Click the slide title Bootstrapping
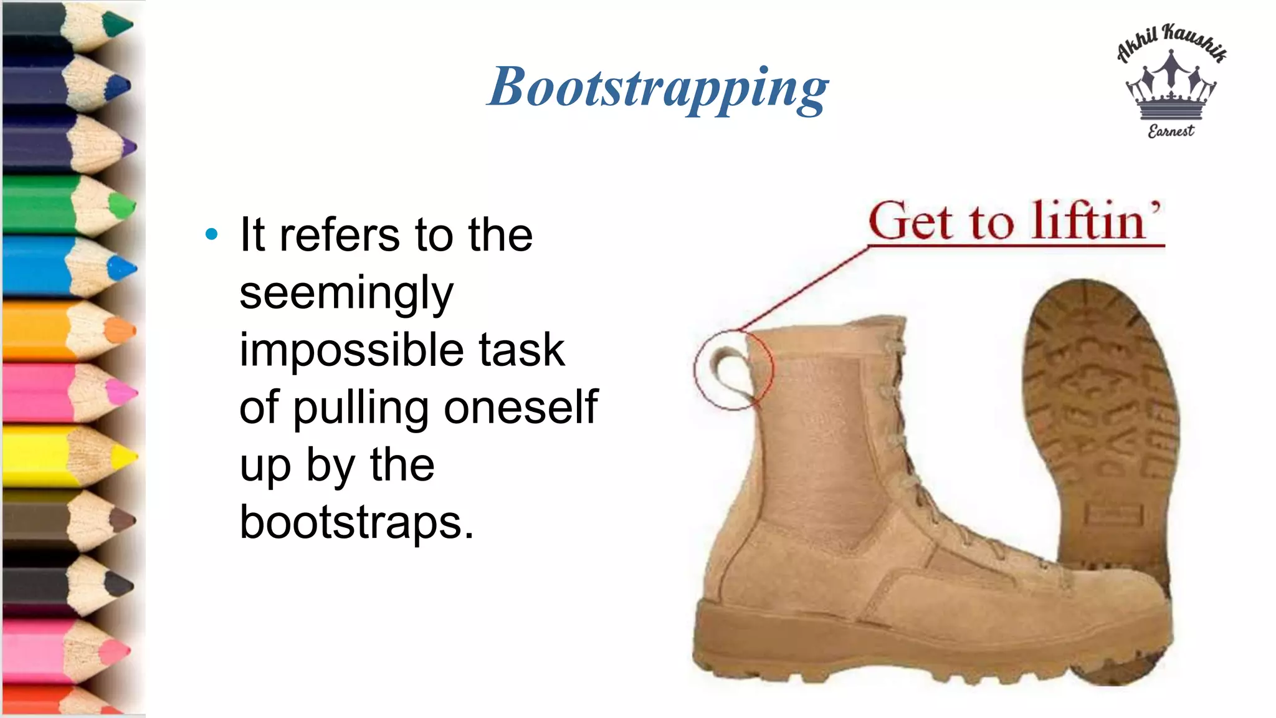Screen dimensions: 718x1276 pyautogui.click(x=657, y=88)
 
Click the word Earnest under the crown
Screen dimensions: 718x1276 pyautogui.click(x=1171, y=131)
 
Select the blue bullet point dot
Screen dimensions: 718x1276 pyautogui.click(x=212, y=234)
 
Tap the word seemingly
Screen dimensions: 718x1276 pyautogui.click(x=346, y=293)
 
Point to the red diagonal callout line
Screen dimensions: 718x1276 pyautogui.click(x=804, y=288)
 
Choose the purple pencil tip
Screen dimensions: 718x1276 pyautogui.click(x=129, y=148)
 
